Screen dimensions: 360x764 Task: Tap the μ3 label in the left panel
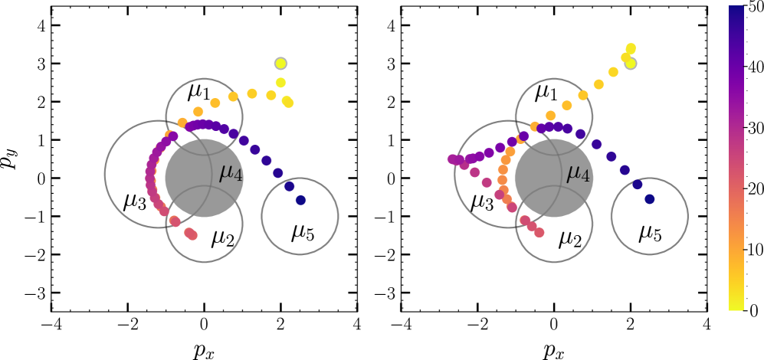(x=134, y=202)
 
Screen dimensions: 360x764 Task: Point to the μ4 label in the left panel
(x=231, y=172)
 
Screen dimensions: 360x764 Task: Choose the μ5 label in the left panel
(x=303, y=231)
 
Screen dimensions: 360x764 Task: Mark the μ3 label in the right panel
(x=482, y=202)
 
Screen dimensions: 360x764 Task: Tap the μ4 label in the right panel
(x=579, y=174)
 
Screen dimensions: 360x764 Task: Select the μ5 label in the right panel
(x=651, y=231)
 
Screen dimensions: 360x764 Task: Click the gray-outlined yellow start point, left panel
(x=280, y=63)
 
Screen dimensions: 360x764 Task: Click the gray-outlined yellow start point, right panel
(x=630, y=63)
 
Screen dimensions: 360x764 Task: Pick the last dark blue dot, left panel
(x=300, y=200)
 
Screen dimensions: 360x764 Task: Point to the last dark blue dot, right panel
(x=649, y=199)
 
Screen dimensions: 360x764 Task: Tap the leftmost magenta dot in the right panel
(x=452, y=159)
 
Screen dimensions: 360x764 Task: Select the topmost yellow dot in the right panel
(x=631, y=48)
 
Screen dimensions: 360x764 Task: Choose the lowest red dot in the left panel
(x=192, y=235)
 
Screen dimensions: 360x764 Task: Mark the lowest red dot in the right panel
(x=540, y=232)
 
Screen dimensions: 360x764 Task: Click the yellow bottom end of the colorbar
(x=736, y=306)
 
